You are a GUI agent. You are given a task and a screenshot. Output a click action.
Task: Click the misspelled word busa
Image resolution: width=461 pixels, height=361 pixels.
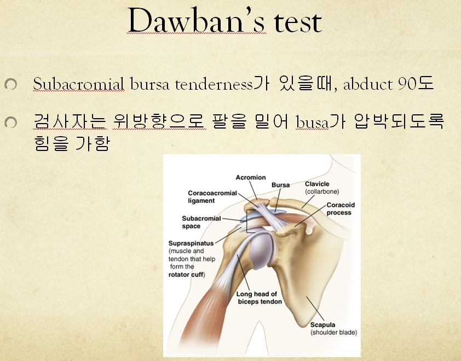311,122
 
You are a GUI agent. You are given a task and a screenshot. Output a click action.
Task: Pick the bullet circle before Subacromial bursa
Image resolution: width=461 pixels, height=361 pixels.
10,84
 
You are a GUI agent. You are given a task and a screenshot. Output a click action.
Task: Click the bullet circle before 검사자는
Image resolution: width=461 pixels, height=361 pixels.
10,123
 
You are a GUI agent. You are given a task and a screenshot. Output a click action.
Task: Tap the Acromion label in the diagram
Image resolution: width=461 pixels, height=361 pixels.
250,178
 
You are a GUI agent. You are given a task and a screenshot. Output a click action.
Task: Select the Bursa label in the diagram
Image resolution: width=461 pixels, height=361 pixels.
280,185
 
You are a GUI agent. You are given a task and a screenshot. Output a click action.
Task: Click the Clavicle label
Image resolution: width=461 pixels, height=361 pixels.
318,184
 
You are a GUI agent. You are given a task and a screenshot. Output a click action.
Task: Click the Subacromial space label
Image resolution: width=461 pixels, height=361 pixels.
201,222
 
